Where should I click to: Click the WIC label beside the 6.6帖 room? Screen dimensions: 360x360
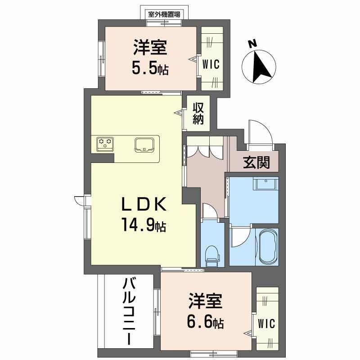click(267, 324)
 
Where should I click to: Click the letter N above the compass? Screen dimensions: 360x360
click(252, 44)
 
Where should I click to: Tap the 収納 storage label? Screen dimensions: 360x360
click(199, 114)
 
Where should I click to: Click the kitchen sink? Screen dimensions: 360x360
click(145, 144)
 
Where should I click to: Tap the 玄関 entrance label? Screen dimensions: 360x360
click(256, 162)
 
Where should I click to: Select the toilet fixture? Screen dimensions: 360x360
click(211, 255)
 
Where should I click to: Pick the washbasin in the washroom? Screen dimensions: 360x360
click(265, 184)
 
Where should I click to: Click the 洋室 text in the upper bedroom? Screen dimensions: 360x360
click(150, 47)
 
